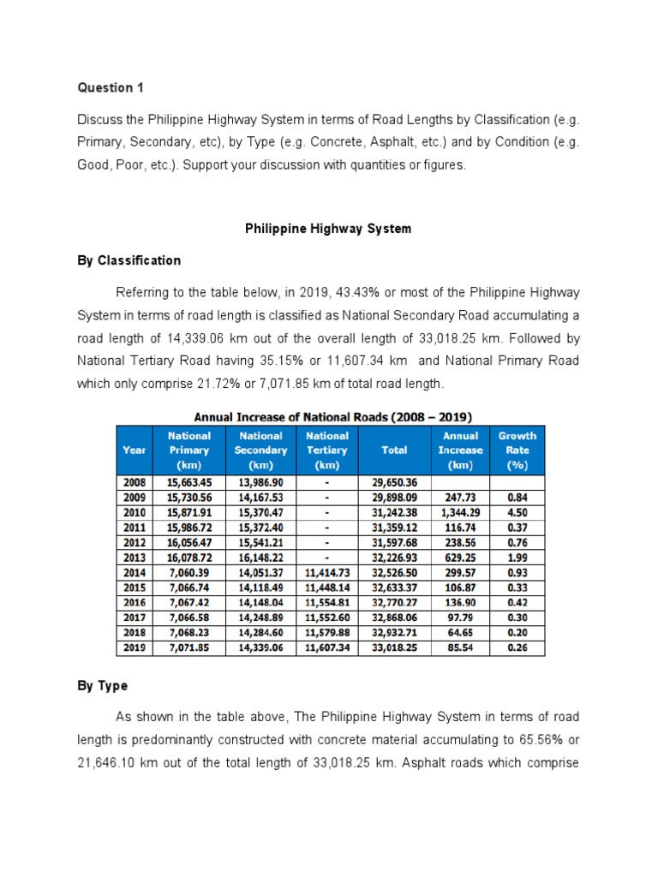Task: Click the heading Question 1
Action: click(105, 87)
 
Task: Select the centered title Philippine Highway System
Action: click(328, 229)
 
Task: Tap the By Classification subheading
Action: click(129, 260)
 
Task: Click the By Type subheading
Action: click(102, 686)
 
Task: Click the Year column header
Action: click(135, 450)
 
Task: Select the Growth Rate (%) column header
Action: click(517, 450)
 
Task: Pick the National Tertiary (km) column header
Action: click(326, 450)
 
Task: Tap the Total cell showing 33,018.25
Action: click(394, 648)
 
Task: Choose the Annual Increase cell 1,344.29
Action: click(460, 511)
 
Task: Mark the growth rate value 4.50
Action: click(517, 511)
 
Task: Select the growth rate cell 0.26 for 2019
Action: click(517, 648)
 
